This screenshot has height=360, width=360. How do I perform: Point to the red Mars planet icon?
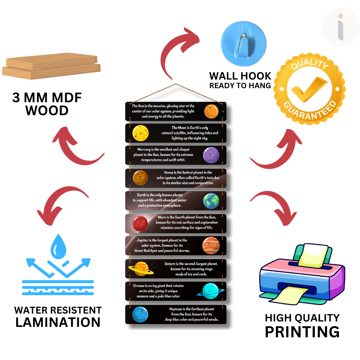coord(140,224)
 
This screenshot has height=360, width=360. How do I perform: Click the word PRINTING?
coord(302,332)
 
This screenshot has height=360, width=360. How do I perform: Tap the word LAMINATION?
coord(58,322)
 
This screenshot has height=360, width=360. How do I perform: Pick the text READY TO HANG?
coord(240,86)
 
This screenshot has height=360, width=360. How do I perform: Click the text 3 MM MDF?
coord(47,98)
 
